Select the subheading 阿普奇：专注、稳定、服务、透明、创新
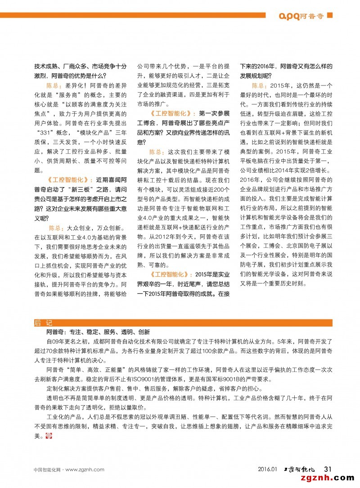pos(98,332)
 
